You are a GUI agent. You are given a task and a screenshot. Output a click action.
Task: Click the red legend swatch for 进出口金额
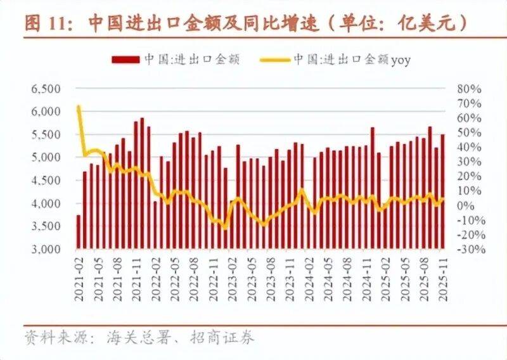click(x=125, y=60)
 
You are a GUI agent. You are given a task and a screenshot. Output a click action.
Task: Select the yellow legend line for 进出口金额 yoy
click(x=275, y=60)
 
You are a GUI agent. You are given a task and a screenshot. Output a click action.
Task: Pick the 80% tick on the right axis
click(x=470, y=89)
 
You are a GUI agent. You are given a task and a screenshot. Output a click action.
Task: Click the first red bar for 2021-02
click(x=79, y=232)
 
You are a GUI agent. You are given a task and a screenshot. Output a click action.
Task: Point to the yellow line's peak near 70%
click(x=79, y=107)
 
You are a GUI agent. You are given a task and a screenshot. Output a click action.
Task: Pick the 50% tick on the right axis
click(x=470, y=132)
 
